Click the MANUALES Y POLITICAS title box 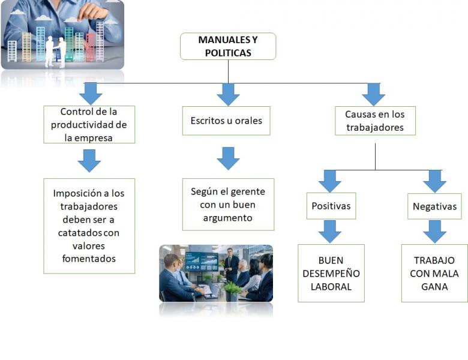(228, 46)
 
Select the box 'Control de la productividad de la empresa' (89, 124)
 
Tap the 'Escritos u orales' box (226, 121)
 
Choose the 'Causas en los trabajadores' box (375, 121)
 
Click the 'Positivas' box (331, 206)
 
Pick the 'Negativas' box (434, 206)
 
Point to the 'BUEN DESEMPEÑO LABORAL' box (331, 273)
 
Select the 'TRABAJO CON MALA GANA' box (434, 273)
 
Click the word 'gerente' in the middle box (247, 191)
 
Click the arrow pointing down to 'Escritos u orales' (228, 95)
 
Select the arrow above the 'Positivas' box (330, 181)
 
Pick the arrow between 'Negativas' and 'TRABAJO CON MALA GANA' (434, 232)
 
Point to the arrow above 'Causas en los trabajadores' (374, 95)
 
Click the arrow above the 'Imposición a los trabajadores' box (89, 161)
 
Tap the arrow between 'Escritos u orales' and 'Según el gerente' (228, 158)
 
